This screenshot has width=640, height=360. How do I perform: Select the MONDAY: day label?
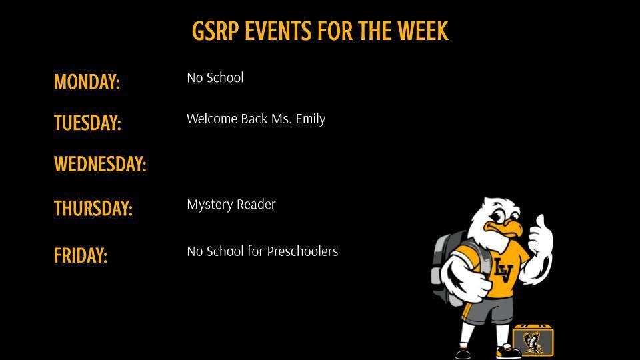click(x=87, y=82)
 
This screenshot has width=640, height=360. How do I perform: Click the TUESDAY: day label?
click(x=87, y=123)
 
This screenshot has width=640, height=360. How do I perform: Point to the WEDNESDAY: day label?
click(x=100, y=164)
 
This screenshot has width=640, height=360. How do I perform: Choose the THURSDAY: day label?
click(x=93, y=208)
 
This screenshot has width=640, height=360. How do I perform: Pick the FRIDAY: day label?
click(x=81, y=255)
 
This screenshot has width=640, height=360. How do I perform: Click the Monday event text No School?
click(x=215, y=78)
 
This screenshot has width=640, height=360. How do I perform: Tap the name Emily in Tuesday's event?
click(x=311, y=119)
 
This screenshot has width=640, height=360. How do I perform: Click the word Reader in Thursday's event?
click(x=257, y=205)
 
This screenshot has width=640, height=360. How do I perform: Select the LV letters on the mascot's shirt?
click(x=503, y=269)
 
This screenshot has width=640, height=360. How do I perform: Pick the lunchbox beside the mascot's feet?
click(x=533, y=340)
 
